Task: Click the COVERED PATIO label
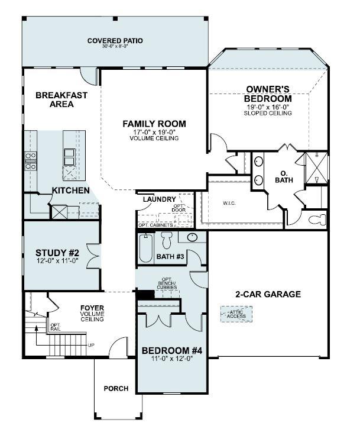point(115,41)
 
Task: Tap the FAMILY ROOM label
point(154,124)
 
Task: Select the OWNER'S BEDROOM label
point(268,94)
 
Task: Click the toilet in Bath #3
point(167,238)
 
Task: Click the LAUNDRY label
point(159,199)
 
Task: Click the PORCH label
point(116,389)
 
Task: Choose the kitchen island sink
point(70,156)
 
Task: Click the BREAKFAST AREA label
point(61,99)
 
